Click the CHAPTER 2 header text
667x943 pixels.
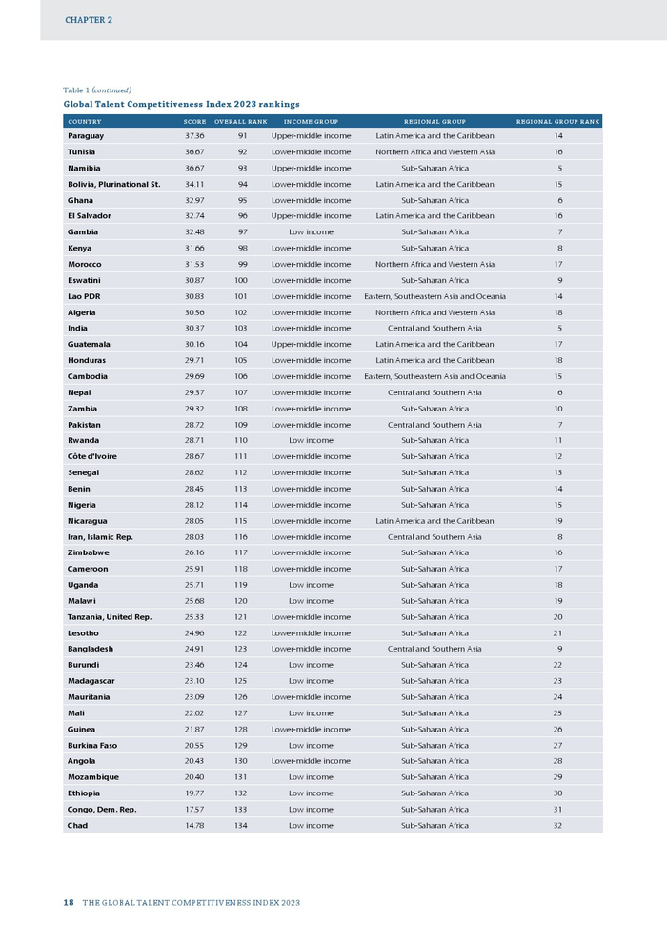tap(89, 19)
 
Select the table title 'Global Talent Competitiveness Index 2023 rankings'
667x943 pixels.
tap(181, 104)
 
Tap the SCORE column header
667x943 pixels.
tap(194, 122)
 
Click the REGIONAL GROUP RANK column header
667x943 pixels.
tap(557, 122)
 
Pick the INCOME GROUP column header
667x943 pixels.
tap(311, 122)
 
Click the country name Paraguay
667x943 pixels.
tap(86, 136)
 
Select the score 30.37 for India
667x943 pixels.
tap(194, 329)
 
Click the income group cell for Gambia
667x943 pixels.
tap(311, 232)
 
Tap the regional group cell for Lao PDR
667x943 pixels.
tap(435, 296)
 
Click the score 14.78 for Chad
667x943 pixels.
tap(194, 825)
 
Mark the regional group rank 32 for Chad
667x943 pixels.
tap(557, 825)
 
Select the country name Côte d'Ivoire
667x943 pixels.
tap(92, 456)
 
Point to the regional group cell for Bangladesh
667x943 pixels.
tap(435, 649)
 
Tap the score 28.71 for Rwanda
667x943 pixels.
tap(194, 440)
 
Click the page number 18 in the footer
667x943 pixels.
tap(69, 902)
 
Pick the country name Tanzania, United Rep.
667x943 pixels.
tap(110, 616)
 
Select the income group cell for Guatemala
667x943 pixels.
tap(311, 344)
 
